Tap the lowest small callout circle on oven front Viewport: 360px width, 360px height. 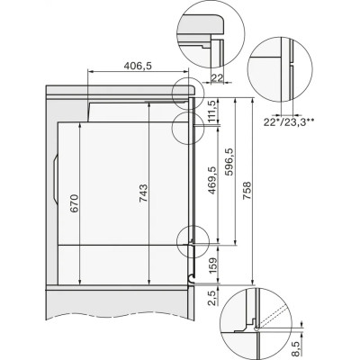click(x=194, y=239)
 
